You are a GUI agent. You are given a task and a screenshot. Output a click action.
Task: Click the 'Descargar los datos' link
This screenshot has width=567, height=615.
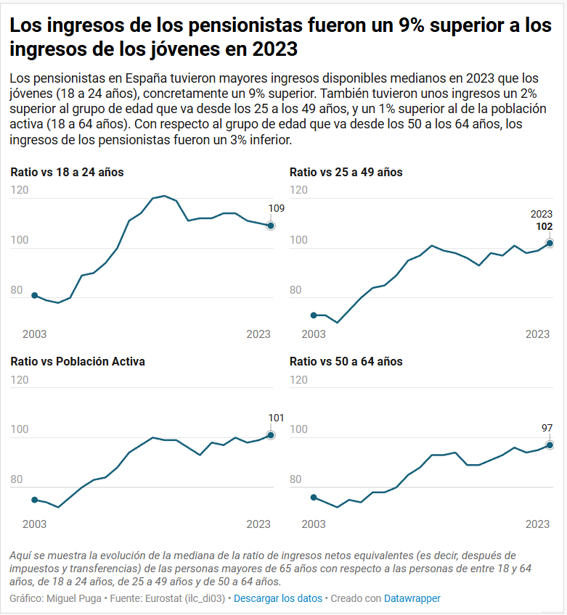(x=277, y=598)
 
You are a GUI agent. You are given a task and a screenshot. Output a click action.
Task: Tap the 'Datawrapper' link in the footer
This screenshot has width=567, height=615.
(x=412, y=598)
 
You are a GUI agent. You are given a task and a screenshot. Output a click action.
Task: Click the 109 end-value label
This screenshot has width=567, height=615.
(x=276, y=209)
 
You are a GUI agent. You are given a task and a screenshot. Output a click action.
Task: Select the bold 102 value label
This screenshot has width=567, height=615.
(x=544, y=226)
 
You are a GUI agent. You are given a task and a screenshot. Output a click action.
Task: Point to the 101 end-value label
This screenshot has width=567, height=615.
(x=276, y=418)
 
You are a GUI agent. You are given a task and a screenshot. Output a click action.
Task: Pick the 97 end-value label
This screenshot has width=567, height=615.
(x=547, y=428)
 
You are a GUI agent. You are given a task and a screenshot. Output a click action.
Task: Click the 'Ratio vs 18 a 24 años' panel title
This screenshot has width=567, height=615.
(x=67, y=173)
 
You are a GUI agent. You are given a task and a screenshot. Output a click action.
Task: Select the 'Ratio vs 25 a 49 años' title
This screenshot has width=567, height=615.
(x=346, y=173)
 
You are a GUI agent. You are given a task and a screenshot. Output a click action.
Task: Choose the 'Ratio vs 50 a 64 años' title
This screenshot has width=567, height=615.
(x=346, y=361)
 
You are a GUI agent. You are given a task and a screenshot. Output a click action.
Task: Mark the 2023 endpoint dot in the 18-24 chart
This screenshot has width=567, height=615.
(x=271, y=226)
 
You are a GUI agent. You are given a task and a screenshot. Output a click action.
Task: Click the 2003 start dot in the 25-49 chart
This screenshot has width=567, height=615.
(x=314, y=315)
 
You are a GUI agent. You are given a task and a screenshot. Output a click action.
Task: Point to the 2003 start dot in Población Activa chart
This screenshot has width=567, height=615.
(x=34, y=500)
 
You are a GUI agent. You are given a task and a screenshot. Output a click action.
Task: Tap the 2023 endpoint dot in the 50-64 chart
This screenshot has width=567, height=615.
(x=550, y=445)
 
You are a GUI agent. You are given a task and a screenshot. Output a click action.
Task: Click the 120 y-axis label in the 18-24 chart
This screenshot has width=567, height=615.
(x=20, y=190)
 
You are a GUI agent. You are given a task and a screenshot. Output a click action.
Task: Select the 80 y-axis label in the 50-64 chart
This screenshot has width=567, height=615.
(x=295, y=480)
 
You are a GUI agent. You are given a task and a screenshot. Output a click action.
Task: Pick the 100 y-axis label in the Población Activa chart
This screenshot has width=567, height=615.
(x=20, y=430)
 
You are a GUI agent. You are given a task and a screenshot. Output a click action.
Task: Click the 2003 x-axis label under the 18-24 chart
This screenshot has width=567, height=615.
(x=35, y=334)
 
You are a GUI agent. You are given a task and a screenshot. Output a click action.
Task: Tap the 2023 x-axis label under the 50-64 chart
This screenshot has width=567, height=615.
(x=537, y=524)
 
